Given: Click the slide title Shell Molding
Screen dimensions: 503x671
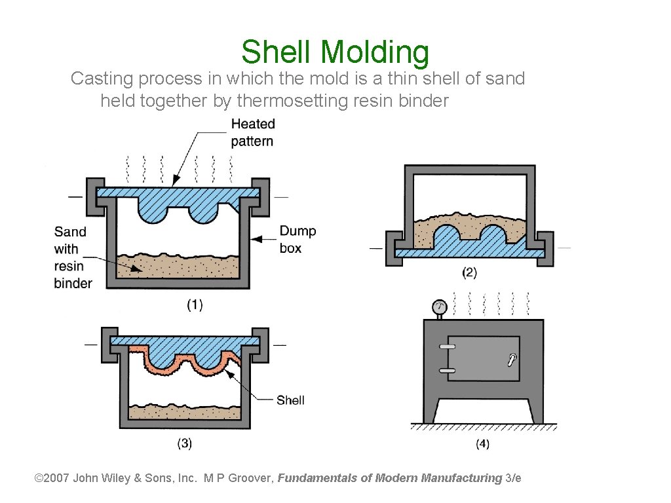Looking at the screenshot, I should (335, 52).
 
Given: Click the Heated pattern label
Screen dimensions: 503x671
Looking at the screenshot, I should (253, 132).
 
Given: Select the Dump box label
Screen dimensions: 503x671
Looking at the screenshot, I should (297, 239).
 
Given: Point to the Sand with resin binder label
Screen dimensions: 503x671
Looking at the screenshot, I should (73, 257).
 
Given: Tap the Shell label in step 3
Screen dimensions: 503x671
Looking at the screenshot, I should (290, 400).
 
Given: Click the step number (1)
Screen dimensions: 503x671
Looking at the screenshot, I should (195, 305).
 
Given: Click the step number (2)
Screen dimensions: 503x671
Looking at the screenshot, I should (469, 272).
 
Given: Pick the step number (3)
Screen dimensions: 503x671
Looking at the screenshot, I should (185, 443).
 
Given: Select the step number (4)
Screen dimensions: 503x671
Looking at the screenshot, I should (482, 444).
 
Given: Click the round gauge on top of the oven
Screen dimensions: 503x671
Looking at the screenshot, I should (440, 307).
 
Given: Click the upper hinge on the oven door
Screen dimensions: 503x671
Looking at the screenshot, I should (448, 346).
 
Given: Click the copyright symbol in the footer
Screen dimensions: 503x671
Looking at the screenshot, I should (38, 477).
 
